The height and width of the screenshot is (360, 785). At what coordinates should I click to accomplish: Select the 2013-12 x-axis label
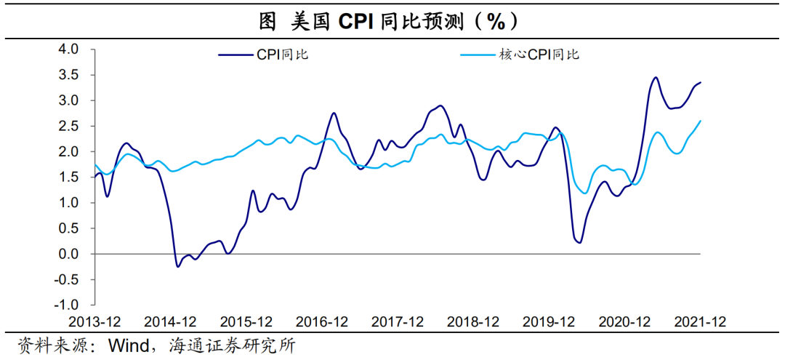pos(95,321)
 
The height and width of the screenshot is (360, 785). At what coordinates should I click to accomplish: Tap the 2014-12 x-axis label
pos(171,321)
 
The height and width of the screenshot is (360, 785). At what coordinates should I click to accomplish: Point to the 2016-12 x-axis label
pos(322,321)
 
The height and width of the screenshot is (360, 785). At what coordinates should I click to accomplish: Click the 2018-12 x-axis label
pos(473,321)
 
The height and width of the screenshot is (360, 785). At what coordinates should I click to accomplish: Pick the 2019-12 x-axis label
pos(549,321)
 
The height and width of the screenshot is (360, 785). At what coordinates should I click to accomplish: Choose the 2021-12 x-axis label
pos(699,321)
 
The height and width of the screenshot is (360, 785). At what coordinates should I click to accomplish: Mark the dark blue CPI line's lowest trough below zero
pos(177,266)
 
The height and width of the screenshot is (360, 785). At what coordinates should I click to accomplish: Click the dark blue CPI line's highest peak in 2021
pos(655,77)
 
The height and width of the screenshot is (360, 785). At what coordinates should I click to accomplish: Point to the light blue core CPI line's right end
pos(701,121)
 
